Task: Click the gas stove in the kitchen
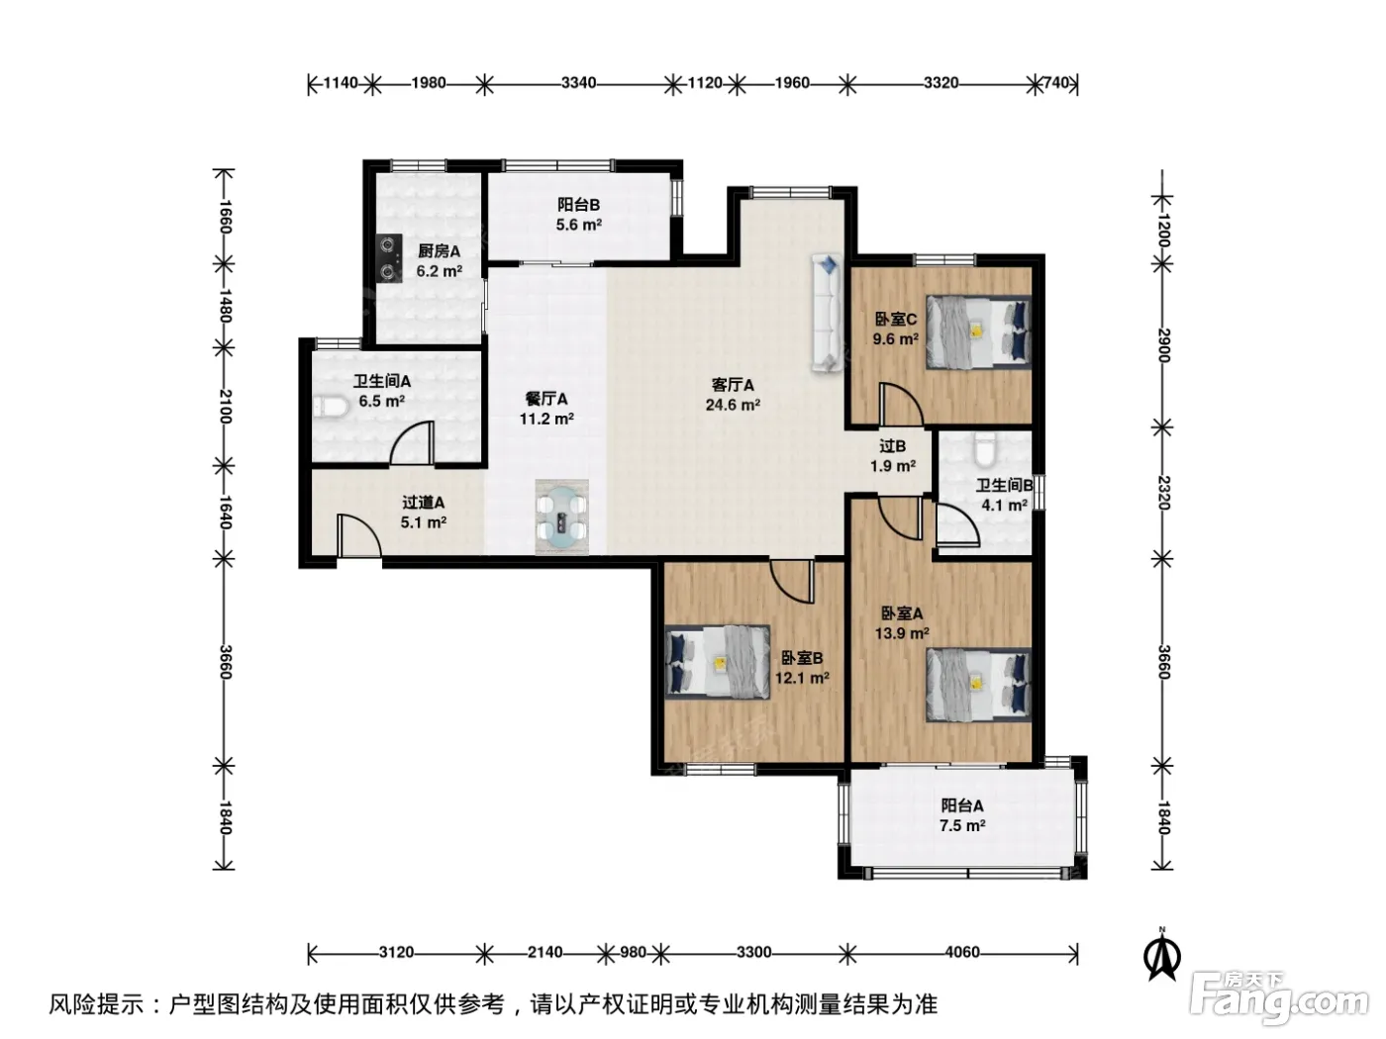click(x=389, y=257)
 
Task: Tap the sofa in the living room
click(x=827, y=313)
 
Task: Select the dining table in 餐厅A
click(x=561, y=517)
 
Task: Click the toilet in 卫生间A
click(x=331, y=407)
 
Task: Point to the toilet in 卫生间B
click(x=985, y=449)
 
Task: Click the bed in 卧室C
click(x=979, y=331)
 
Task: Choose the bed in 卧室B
click(x=718, y=662)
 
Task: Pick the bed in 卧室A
click(x=979, y=685)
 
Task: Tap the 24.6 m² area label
click(x=733, y=405)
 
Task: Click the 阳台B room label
click(x=578, y=205)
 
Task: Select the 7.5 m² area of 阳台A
click(x=962, y=825)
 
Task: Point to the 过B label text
click(x=892, y=446)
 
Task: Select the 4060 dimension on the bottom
click(x=962, y=952)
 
